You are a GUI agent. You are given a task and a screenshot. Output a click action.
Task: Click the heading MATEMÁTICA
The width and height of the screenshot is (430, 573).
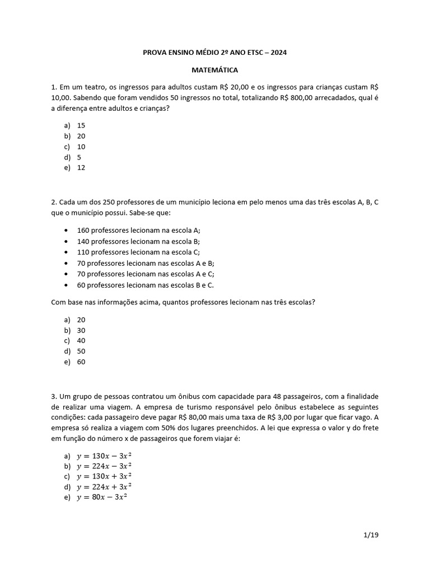point(215,71)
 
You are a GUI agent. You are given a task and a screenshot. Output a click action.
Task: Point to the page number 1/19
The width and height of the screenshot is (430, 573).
point(371,535)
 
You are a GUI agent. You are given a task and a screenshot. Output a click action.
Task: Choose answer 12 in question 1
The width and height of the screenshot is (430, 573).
point(81,167)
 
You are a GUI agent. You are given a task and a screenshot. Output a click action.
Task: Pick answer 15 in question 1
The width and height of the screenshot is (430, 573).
point(81,125)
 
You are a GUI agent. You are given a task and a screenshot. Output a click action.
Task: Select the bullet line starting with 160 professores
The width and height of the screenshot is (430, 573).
point(138,231)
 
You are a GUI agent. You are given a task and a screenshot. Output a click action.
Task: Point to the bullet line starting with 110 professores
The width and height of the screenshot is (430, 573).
point(138,252)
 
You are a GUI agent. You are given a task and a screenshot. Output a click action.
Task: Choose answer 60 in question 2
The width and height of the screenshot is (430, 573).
point(81,361)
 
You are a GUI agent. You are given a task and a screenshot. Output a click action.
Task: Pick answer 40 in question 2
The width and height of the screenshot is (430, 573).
point(81,341)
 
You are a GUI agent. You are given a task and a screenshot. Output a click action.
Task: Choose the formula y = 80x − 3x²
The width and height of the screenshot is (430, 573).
point(102,497)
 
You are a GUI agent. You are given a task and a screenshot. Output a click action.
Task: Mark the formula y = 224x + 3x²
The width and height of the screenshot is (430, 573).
point(104,487)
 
